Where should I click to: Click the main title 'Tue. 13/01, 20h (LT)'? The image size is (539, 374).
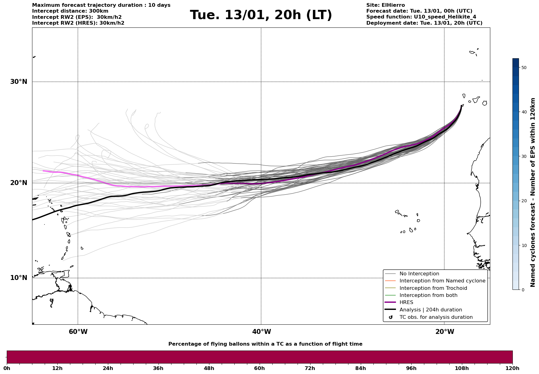pyautogui.click(x=261, y=15)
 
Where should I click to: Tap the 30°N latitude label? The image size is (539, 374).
pyautogui.click(x=19, y=82)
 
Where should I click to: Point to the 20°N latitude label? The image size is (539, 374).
pyautogui.click(x=19, y=183)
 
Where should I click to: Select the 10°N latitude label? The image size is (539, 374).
pyautogui.click(x=19, y=278)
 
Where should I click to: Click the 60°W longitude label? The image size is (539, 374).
pyautogui.click(x=78, y=332)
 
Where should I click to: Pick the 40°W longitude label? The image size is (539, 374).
pyautogui.click(x=261, y=332)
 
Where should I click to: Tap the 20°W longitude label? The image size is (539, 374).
pyautogui.click(x=445, y=332)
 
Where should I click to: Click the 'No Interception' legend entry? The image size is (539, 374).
pyautogui.click(x=419, y=274)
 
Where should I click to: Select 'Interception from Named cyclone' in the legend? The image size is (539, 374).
pyautogui.click(x=442, y=281)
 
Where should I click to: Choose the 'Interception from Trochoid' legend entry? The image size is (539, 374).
pyautogui.click(x=433, y=288)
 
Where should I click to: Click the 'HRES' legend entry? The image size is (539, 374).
pyautogui.click(x=406, y=302)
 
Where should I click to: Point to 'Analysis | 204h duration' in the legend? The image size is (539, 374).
pyautogui.click(x=430, y=310)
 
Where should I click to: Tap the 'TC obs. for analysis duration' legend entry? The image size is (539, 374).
pyautogui.click(x=436, y=317)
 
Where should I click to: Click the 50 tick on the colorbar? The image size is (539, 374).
pyautogui.click(x=524, y=68)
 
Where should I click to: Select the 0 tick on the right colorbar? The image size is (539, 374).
pyautogui.click(x=523, y=290)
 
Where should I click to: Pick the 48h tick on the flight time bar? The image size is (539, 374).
pyautogui.click(x=209, y=368)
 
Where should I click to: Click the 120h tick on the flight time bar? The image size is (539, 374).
pyautogui.click(x=512, y=368)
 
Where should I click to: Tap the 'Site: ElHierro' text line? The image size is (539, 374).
pyautogui.click(x=385, y=5)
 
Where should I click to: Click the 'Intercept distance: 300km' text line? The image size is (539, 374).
pyautogui.click(x=70, y=11)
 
